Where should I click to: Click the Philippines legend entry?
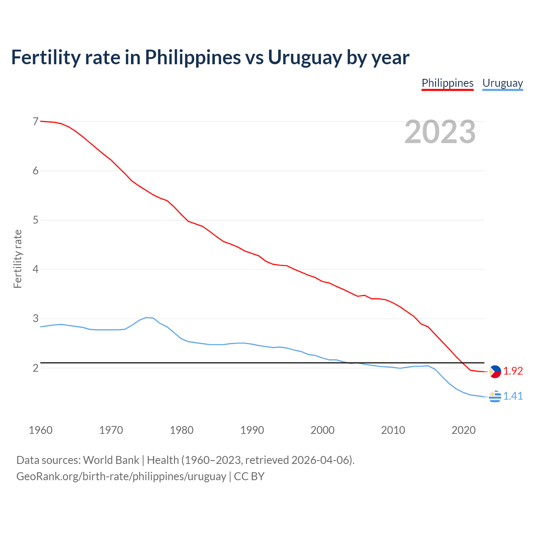click(447, 83)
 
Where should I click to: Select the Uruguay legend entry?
click(502, 83)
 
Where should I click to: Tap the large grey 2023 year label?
click(440, 132)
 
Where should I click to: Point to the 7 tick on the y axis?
click(35, 121)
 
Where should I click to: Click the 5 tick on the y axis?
click(35, 220)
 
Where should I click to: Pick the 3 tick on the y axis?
click(35, 319)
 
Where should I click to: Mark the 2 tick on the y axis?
click(35, 368)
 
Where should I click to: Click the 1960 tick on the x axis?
click(40, 430)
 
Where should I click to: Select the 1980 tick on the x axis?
click(181, 430)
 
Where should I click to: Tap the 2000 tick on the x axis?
click(322, 430)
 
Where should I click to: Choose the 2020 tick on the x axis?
click(463, 430)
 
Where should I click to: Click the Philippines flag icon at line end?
click(495, 371)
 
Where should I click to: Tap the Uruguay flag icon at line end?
click(495, 396)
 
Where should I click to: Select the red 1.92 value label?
click(513, 371)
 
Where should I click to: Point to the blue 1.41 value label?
click(513, 396)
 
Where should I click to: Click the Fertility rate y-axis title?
click(18, 259)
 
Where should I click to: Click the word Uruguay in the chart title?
click(305, 57)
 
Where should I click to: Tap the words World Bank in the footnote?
click(111, 460)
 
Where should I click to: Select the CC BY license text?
click(249, 476)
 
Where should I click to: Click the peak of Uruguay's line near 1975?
click(146, 317)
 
